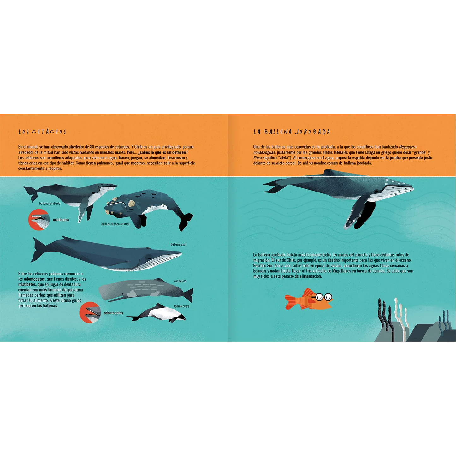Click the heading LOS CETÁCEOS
click(x=42, y=132)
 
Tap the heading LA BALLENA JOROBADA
click(x=292, y=132)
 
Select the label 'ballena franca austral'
click(x=115, y=224)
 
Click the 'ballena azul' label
click(x=178, y=244)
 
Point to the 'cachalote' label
click(x=180, y=281)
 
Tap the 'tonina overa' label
click(x=182, y=306)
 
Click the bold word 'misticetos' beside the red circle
click(x=61, y=220)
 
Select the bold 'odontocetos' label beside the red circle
click(x=114, y=313)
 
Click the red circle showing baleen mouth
click(x=39, y=220)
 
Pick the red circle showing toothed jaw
click(x=90, y=313)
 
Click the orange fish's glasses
click(x=323, y=297)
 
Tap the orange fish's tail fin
click(x=290, y=302)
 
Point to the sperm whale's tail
click(x=188, y=295)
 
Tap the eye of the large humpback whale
click(x=376, y=191)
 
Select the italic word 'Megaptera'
click(x=407, y=147)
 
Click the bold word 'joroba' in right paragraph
click(x=395, y=158)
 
